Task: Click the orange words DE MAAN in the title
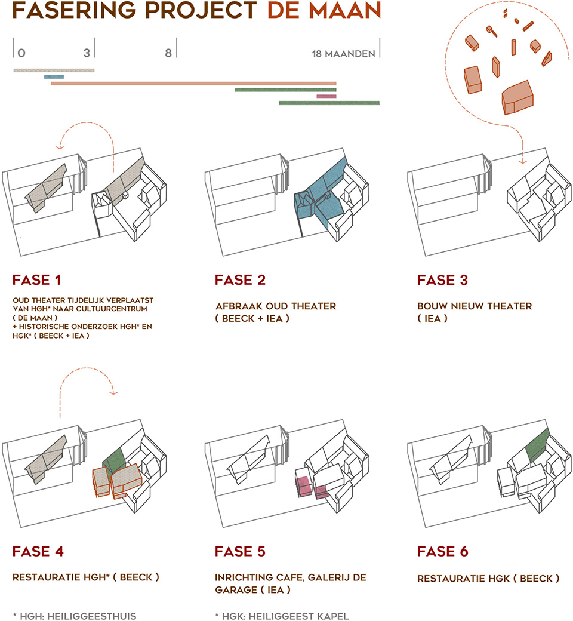[324, 11]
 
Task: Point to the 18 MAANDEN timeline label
[343, 54]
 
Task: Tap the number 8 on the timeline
[168, 53]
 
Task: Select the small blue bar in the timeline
[54, 76]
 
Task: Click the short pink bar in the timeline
[326, 96]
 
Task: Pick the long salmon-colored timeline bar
[193, 84]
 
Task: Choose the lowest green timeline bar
[329, 103]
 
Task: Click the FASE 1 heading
[36, 281]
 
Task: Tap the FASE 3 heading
[442, 281]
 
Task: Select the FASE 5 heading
[240, 551]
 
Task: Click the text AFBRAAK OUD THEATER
[275, 306]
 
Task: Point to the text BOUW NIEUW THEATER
[475, 306]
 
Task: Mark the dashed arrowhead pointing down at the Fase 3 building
[523, 161]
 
